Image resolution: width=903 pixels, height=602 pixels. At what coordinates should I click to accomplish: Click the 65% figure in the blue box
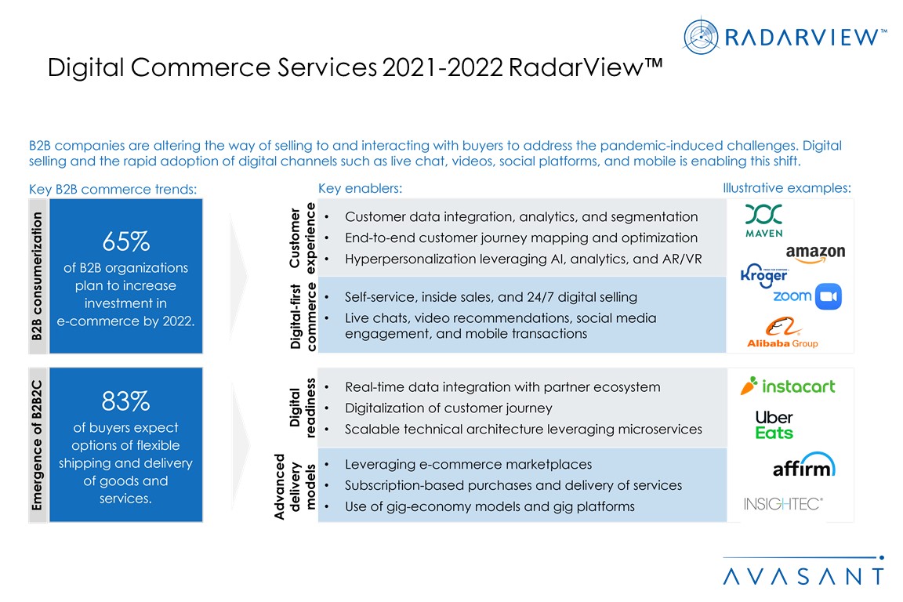pos(125,241)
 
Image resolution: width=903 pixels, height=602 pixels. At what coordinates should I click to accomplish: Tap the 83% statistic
pos(125,401)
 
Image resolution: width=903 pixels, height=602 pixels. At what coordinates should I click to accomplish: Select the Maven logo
pos(763,220)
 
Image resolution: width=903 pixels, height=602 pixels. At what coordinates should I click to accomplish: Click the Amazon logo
pos(815,252)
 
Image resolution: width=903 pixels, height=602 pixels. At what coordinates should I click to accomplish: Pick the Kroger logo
pos(763,276)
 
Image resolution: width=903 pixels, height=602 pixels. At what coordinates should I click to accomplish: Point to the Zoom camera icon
pos(828,297)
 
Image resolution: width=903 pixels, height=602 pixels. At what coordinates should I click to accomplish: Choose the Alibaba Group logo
pos(782,332)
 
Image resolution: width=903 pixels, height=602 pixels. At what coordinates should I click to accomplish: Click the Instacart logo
pos(788,386)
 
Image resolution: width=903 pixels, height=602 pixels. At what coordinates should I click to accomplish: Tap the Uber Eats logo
pos(774,425)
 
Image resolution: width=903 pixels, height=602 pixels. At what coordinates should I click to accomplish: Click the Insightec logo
pos(783,503)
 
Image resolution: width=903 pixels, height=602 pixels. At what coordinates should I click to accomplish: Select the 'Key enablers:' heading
pos(360,189)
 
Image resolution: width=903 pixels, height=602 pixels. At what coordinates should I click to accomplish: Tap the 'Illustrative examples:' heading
pos(786,189)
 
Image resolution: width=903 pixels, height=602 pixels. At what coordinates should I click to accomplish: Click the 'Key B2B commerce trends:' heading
pos(112,189)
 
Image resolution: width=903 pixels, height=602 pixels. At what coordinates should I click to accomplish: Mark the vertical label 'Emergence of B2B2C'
pos(37,444)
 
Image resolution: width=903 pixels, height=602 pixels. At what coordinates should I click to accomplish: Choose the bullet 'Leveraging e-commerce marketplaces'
pos(468,464)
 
